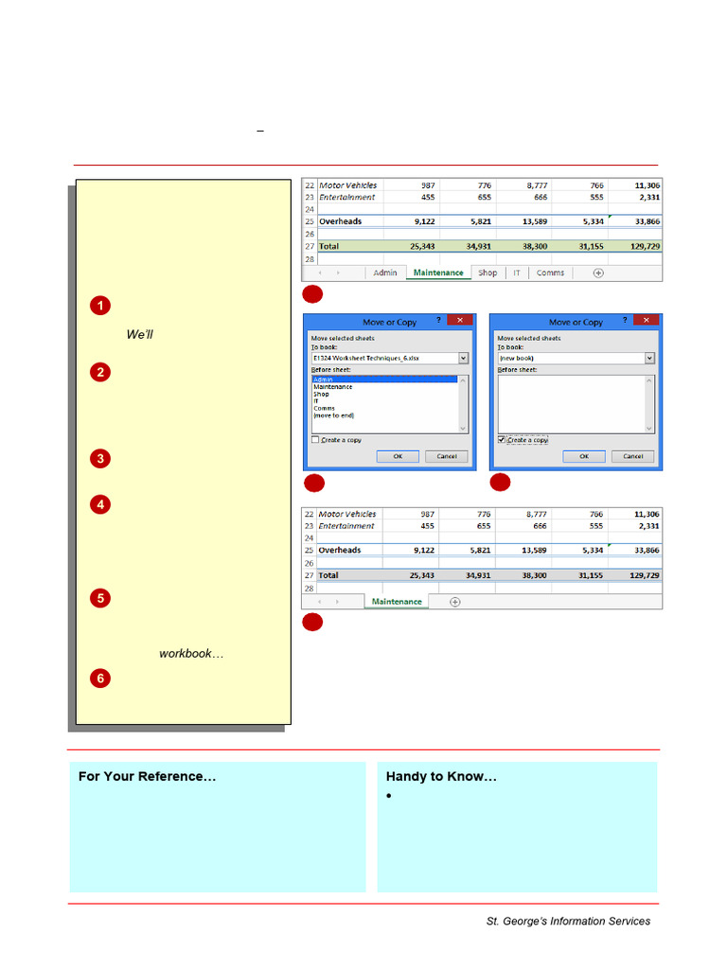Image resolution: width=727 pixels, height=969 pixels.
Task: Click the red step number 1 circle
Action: [100, 306]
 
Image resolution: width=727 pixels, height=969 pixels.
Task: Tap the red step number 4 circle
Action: [100, 504]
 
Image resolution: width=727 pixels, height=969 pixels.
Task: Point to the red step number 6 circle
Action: [100, 678]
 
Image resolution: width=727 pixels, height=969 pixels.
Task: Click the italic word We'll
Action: [140, 335]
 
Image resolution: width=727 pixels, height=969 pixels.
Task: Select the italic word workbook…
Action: [191, 654]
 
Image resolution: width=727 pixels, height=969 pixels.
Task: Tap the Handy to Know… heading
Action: [441, 777]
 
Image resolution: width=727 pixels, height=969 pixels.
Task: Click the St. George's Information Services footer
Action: [568, 921]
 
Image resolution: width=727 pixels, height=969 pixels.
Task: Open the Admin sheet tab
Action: [385, 273]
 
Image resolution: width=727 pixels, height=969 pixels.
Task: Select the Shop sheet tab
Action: [488, 273]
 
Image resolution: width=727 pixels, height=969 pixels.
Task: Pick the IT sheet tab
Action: [517, 273]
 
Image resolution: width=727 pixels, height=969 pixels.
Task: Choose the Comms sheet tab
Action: [550, 273]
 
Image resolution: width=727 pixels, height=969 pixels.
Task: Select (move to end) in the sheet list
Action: [334, 415]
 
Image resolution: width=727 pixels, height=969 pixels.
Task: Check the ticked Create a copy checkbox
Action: [502, 440]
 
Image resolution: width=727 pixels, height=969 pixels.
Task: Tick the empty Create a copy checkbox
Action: [315, 440]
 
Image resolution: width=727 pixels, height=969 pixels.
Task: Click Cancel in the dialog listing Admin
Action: [446, 456]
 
